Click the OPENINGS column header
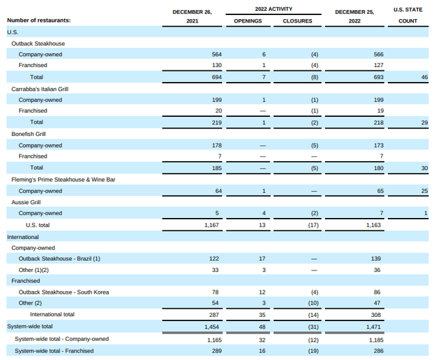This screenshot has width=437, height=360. [x=248, y=21]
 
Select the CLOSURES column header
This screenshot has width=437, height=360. [x=297, y=21]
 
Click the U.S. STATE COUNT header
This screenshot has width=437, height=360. [x=408, y=15]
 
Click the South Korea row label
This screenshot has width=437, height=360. [x=64, y=292]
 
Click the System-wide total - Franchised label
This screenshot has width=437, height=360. [x=54, y=350]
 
